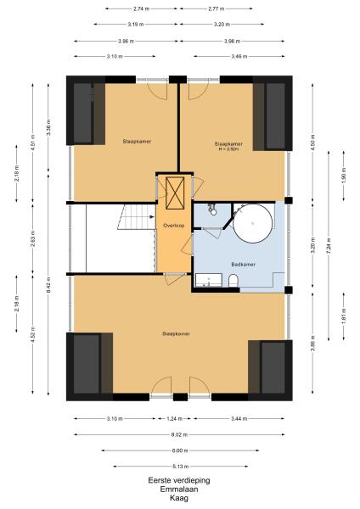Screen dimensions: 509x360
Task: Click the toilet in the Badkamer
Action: pyautogui.click(x=233, y=281)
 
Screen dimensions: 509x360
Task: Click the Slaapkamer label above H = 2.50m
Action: pyautogui.click(x=228, y=143)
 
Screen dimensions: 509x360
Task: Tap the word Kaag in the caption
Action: pyautogui.click(x=179, y=497)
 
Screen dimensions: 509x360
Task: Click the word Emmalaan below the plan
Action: pyautogui.click(x=179, y=489)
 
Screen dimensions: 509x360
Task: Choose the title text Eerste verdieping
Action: pyautogui.click(x=179, y=480)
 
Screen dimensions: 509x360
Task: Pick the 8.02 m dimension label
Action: pyautogui.click(x=179, y=434)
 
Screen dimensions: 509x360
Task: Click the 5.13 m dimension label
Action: pyautogui.click(x=179, y=465)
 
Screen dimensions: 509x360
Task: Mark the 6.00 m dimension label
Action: pyautogui.click(x=179, y=450)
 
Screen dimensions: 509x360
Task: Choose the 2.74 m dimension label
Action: pyautogui.click(x=140, y=8)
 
